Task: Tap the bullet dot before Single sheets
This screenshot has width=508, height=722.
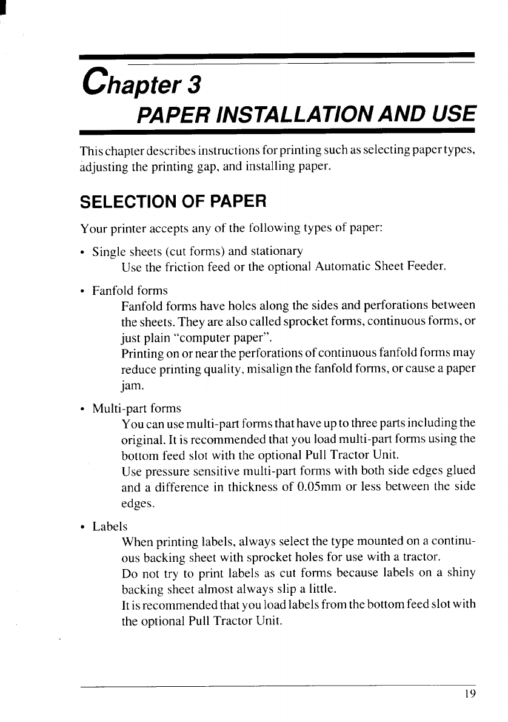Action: point(84,252)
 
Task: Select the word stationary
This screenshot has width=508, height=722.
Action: point(277,252)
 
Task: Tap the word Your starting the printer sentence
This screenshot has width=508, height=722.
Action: point(92,231)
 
